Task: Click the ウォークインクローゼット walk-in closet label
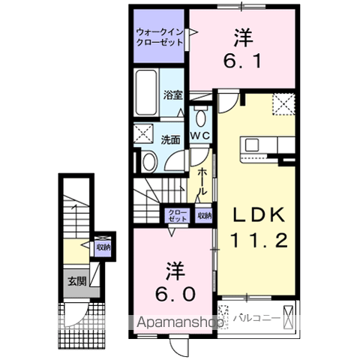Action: [x=159, y=37]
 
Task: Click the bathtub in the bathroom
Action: [x=147, y=93]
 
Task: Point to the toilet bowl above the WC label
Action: [x=201, y=118]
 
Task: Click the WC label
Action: [x=199, y=136]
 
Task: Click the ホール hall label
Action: [x=203, y=180]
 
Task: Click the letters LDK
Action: [x=257, y=214]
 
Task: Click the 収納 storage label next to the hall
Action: [x=204, y=215]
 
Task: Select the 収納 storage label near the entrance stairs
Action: [x=103, y=247]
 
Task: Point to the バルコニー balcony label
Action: [x=257, y=317]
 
